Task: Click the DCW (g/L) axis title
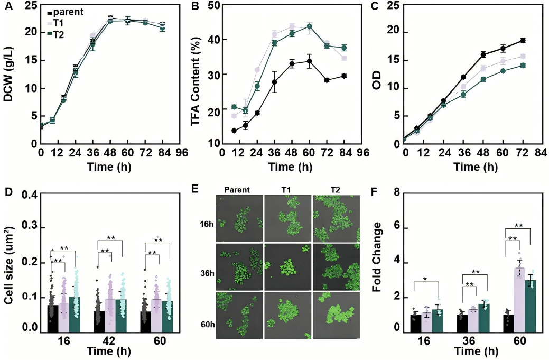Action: click(10, 75)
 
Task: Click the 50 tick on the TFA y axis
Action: click(213, 6)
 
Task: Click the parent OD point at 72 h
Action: click(523, 40)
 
